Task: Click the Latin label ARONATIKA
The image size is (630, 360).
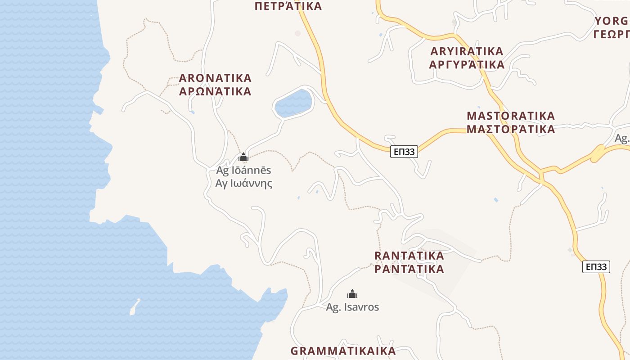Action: pyautogui.click(x=215, y=78)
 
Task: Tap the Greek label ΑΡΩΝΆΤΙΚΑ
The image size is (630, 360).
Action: pyautogui.click(x=215, y=91)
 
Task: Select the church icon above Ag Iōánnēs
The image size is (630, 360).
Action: pyautogui.click(x=243, y=157)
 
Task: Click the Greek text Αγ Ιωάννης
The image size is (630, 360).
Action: pyautogui.click(x=243, y=184)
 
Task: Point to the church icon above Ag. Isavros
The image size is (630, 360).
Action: pyautogui.click(x=352, y=294)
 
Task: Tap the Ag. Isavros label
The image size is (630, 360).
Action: pyautogui.click(x=352, y=307)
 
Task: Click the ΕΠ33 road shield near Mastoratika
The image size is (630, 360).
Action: pyautogui.click(x=404, y=152)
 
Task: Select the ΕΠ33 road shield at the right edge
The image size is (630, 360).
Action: pyautogui.click(x=596, y=267)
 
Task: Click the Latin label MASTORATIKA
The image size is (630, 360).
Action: pyautogui.click(x=511, y=116)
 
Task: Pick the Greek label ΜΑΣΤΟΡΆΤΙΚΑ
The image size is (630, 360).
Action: pyautogui.click(x=511, y=130)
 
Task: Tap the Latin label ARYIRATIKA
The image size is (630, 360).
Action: pyautogui.click(x=467, y=51)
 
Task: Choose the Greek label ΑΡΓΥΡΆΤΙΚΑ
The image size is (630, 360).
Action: pyautogui.click(x=467, y=65)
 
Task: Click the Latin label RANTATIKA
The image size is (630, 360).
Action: pyautogui.click(x=409, y=256)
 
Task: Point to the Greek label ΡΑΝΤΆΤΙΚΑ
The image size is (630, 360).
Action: pyautogui.click(x=409, y=269)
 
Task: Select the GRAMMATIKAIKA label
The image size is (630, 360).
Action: pyautogui.click(x=343, y=351)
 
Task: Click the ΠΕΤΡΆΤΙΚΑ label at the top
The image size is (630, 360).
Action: pyautogui.click(x=288, y=6)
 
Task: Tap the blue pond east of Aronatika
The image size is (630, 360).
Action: pyautogui.click(x=293, y=103)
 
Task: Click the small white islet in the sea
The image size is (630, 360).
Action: pyautogui.click(x=135, y=307)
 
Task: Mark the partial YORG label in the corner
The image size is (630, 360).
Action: pyautogui.click(x=612, y=21)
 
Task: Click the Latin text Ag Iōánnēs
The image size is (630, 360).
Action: pyautogui.click(x=243, y=171)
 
